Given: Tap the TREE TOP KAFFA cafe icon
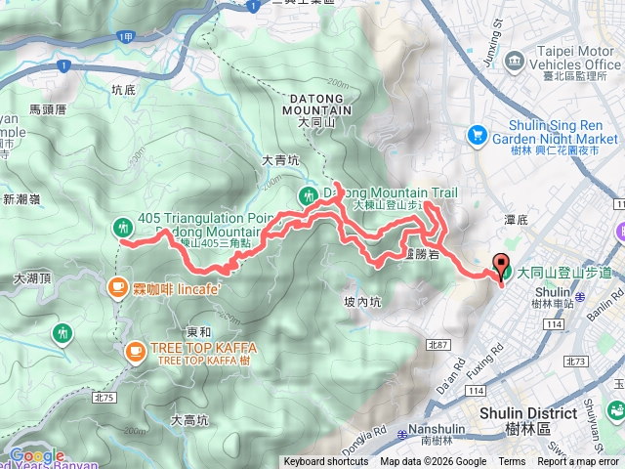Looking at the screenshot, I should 134,349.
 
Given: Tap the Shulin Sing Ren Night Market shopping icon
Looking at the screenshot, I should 477,134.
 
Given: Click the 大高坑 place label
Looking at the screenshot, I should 188,421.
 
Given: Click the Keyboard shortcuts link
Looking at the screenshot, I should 326,462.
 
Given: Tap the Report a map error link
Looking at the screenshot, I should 578,462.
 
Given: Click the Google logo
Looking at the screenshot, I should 37,455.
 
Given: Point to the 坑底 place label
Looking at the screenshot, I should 124,89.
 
